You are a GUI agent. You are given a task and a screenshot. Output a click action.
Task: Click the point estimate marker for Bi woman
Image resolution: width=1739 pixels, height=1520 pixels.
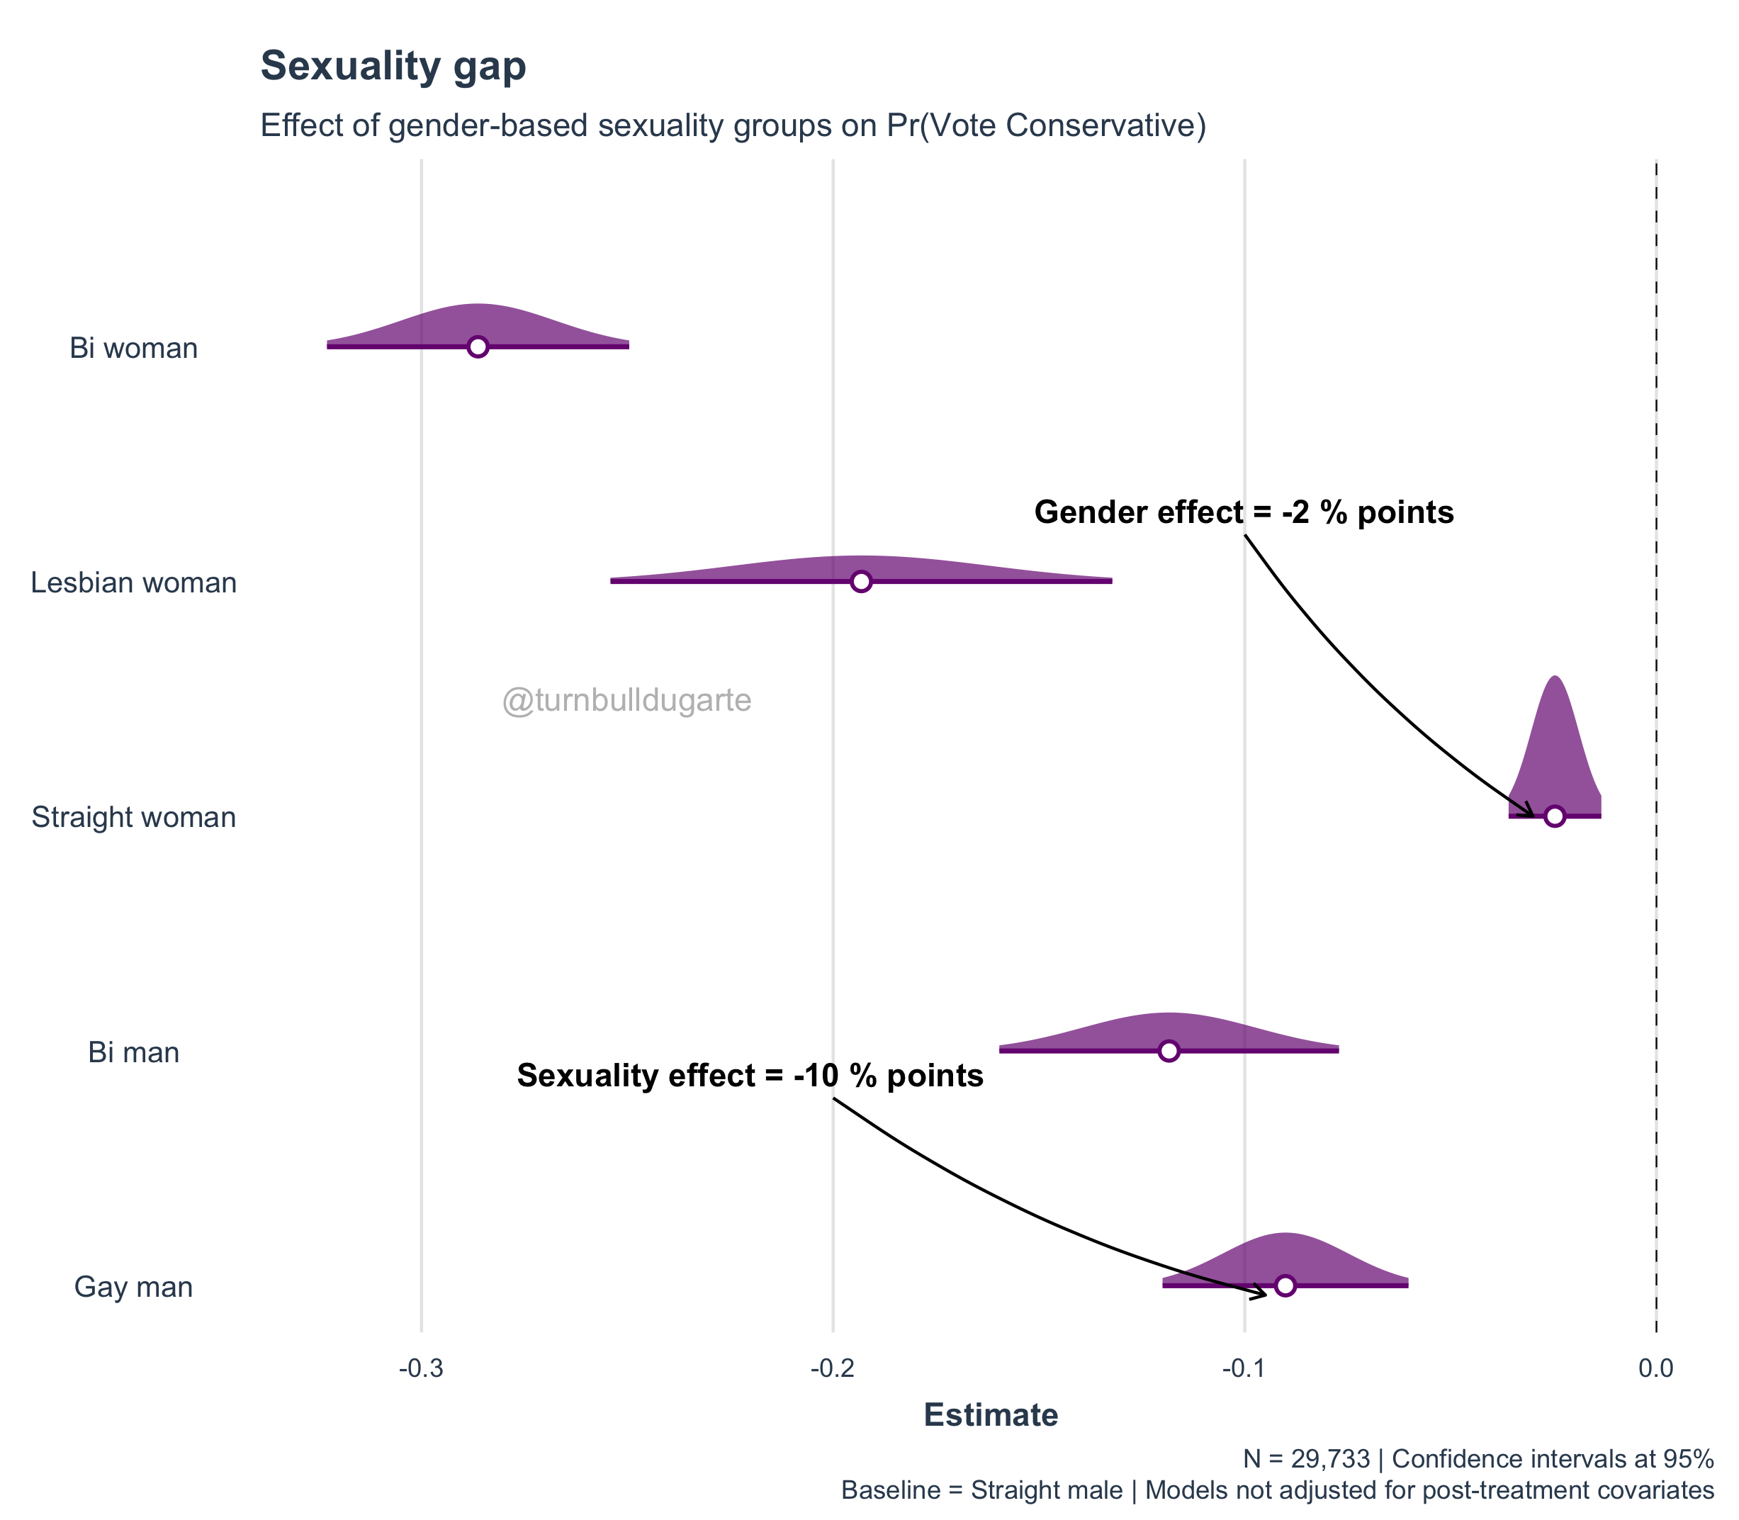pos(478,346)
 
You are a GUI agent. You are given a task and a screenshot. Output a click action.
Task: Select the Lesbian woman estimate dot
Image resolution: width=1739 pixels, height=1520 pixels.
pos(861,581)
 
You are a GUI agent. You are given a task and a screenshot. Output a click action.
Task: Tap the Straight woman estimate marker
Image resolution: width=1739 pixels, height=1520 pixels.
pos(1554,816)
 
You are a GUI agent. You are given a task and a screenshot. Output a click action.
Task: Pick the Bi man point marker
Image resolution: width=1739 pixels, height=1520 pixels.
pos(1169,1051)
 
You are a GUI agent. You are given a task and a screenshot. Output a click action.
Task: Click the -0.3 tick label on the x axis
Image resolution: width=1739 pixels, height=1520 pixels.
pos(421,1368)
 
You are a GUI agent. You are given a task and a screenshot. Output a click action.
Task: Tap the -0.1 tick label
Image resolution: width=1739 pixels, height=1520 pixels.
pos(1244,1368)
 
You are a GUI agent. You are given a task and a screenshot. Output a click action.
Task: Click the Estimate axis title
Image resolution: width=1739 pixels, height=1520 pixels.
pos(991,1415)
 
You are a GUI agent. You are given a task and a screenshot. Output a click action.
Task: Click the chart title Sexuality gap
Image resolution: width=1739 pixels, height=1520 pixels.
pos(393,66)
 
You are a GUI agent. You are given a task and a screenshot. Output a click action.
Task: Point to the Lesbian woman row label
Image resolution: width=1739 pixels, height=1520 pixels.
pos(134,582)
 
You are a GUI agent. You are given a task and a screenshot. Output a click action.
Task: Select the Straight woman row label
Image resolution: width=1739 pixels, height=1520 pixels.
pos(134,817)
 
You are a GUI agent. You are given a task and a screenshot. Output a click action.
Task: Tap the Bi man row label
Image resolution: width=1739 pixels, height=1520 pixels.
pos(134,1052)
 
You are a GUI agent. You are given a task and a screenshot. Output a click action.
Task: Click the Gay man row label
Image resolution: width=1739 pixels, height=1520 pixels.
pos(134,1287)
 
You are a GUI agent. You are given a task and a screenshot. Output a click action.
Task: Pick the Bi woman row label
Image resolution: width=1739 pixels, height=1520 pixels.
pos(134,349)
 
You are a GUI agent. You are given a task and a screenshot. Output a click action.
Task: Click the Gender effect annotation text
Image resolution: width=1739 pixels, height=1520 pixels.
pos(1244,512)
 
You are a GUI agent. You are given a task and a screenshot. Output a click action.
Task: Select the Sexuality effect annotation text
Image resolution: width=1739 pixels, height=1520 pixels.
pos(750,1076)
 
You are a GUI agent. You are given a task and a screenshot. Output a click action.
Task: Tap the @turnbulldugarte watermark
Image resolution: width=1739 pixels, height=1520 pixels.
pos(627,701)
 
